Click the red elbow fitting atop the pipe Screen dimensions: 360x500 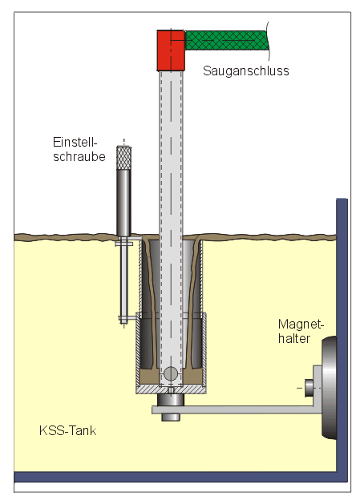171,50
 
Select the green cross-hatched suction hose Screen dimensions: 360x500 226,40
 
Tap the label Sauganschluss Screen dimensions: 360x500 245,71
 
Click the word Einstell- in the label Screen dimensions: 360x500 75,142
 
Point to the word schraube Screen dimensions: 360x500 79,156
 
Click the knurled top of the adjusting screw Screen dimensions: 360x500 123,158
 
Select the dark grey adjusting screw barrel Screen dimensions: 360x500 123,203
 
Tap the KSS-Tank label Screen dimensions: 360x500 67,431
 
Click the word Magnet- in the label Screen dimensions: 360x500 301,325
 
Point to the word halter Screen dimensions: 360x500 294,338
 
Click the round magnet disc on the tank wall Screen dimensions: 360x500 329,388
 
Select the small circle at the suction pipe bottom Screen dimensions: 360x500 171,373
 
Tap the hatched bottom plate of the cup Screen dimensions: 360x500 171,389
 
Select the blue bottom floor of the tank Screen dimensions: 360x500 180,477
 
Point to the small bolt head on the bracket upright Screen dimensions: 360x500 309,388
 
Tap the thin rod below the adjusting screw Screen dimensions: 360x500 123,280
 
